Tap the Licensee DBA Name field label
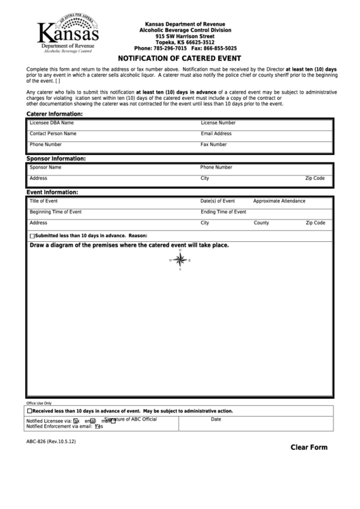pyautogui.click(x=52, y=123)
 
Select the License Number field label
pyautogui.click(x=218, y=123)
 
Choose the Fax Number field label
pyautogui.click(x=214, y=145)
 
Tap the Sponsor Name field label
pyautogui.click(x=46, y=166)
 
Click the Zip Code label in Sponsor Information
pyautogui.click(x=315, y=178)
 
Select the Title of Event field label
pyautogui.click(x=44, y=201)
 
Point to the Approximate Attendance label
pyautogui.click(x=279, y=201)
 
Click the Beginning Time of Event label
pyautogui.click(x=56, y=212)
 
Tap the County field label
pyautogui.click(x=262, y=223)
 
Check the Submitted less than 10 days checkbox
pyautogui.click(x=32, y=235)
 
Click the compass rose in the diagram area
pyautogui.click(x=181, y=260)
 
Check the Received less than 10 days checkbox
pyautogui.click(x=30, y=411)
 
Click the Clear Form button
pyautogui.click(x=309, y=447)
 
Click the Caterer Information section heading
pyautogui.click(x=54, y=113)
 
